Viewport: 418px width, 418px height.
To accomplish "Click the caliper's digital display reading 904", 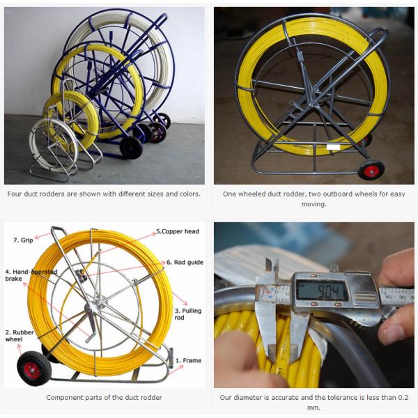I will point(320,289).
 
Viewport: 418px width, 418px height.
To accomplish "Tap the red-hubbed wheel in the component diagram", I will point(31,369).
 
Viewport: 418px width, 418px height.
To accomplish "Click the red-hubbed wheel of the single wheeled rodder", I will point(371,170).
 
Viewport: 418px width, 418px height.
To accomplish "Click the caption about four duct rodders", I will point(104,194).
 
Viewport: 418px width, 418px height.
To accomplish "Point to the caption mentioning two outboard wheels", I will point(313,199).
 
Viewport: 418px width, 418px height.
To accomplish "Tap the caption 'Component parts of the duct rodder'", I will point(104,397).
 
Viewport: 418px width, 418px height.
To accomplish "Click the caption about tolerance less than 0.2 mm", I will point(313,402).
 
